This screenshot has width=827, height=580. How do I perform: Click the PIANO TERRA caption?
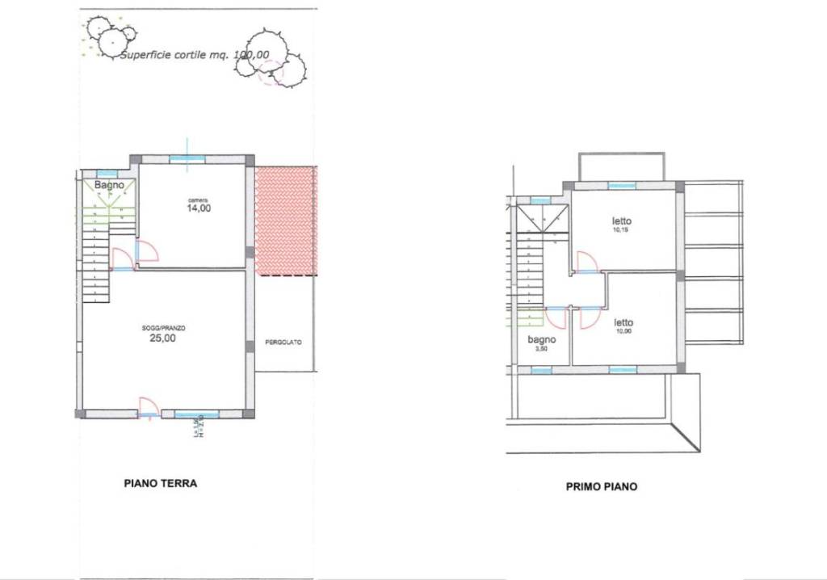pos(161,484)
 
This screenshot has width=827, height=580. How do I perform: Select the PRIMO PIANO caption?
pos(601,487)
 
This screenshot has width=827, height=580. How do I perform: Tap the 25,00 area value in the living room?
pos(163,338)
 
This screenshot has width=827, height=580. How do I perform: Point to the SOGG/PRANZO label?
pos(164,328)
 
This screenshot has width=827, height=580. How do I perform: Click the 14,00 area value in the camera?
pos(199,208)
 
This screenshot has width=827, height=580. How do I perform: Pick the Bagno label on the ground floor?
pos(109,185)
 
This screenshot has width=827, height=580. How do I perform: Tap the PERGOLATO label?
pos(283,343)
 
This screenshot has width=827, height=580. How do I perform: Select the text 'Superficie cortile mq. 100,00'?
pos(194,56)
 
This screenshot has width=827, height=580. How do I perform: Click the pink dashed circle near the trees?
pos(271,74)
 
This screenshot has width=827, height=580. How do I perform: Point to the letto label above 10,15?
pos(622,221)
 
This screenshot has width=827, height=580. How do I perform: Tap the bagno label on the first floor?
pos(541,340)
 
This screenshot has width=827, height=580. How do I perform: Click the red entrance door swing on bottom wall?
pos(147,406)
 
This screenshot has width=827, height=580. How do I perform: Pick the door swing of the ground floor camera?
pos(147,251)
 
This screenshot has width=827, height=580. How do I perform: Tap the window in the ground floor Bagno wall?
pos(107,174)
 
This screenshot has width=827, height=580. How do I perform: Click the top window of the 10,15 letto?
pos(621,187)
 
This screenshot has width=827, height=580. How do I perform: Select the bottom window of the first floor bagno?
pos(540,370)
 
